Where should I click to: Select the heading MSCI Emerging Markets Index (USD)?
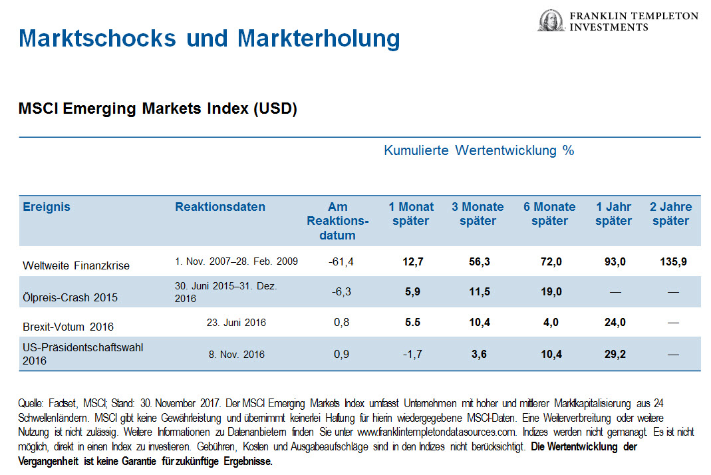click(158, 109)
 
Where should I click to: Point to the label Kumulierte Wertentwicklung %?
click(478, 150)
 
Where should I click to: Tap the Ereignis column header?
click(47, 207)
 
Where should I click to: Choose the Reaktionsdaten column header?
click(220, 207)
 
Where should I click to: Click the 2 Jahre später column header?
click(670, 214)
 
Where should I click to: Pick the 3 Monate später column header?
click(478, 214)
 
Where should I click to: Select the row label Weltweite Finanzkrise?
click(76, 265)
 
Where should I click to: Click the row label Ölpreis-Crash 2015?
click(70, 297)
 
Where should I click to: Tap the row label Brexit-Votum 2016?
click(69, 327)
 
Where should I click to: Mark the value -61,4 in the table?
click(341, 262)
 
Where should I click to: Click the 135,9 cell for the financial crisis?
click(670, 262)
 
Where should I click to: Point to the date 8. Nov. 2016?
click(236, 355)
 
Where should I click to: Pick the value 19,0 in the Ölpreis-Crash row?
click(551, 291)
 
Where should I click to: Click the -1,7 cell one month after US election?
click(412, 355)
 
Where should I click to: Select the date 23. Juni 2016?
click(236, 323)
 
